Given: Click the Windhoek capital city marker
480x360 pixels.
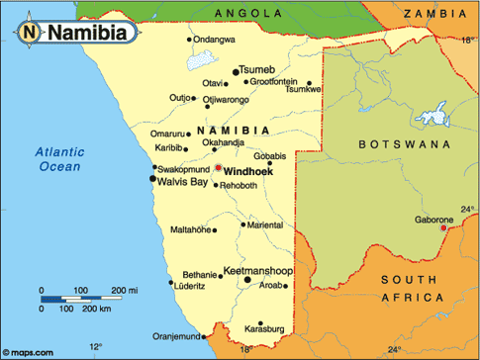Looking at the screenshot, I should [x=218, y=168].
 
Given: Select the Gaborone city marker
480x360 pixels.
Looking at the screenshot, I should [x=443, y=228].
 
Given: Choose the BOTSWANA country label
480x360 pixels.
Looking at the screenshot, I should [x=391, y=143].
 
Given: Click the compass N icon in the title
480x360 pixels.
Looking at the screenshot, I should [x=30, y=31].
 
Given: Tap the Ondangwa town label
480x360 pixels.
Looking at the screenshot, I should [x=215, y=39].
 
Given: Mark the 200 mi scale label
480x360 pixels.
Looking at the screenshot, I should [x=124, y=290].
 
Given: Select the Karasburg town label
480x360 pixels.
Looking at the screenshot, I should [x=263, y=326].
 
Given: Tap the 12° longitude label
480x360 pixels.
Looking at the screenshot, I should [x=95, y=347].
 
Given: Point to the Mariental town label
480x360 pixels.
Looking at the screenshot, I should [x=264, y=225].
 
